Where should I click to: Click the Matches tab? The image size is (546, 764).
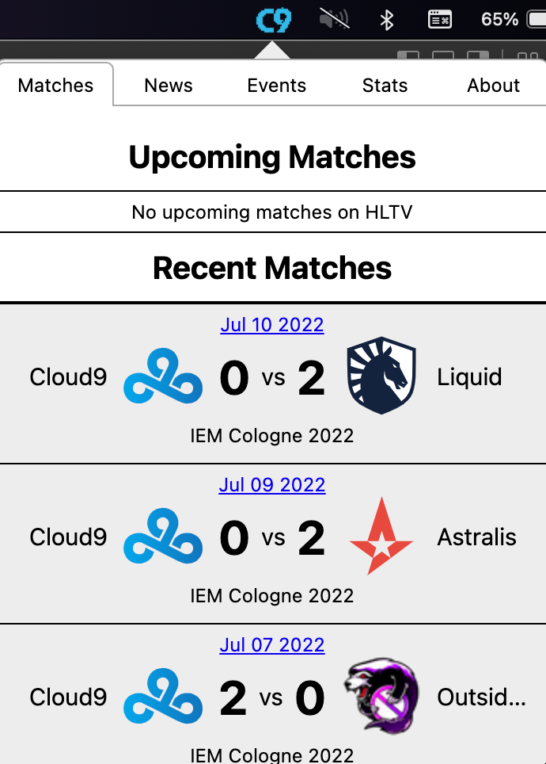[55, 86]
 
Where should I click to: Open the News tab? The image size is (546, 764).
[169, 86]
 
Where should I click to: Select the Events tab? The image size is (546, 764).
[276, 86]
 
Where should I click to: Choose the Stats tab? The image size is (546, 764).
[385, 86]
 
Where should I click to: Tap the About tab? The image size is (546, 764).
[494, 86]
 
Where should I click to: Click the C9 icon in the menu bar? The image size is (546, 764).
[274, 21]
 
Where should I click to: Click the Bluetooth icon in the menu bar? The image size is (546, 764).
[387, 20]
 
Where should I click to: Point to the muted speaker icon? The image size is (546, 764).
[334, 19]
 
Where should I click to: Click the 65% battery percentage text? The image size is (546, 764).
[499, 20]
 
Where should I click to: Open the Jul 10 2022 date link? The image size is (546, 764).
[272, 325]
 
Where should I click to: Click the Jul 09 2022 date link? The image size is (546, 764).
[272, 485]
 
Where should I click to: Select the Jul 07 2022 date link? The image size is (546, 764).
[272, 645]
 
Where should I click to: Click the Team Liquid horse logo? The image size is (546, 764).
[381, 375]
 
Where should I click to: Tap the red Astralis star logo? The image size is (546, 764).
[381, 536]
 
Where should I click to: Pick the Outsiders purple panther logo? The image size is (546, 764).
[381, 696]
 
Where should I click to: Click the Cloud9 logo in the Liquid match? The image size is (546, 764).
[163, 376]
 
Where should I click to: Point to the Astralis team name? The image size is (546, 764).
[477, 537]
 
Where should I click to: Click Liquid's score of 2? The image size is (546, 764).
[312, 377]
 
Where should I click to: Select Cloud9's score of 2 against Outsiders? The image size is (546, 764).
[233, 697]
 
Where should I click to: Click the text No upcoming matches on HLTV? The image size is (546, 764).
[272, 212]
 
